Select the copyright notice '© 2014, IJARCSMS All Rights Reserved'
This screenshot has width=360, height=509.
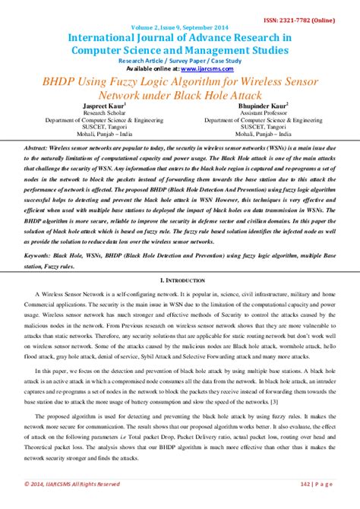[72, 483]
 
